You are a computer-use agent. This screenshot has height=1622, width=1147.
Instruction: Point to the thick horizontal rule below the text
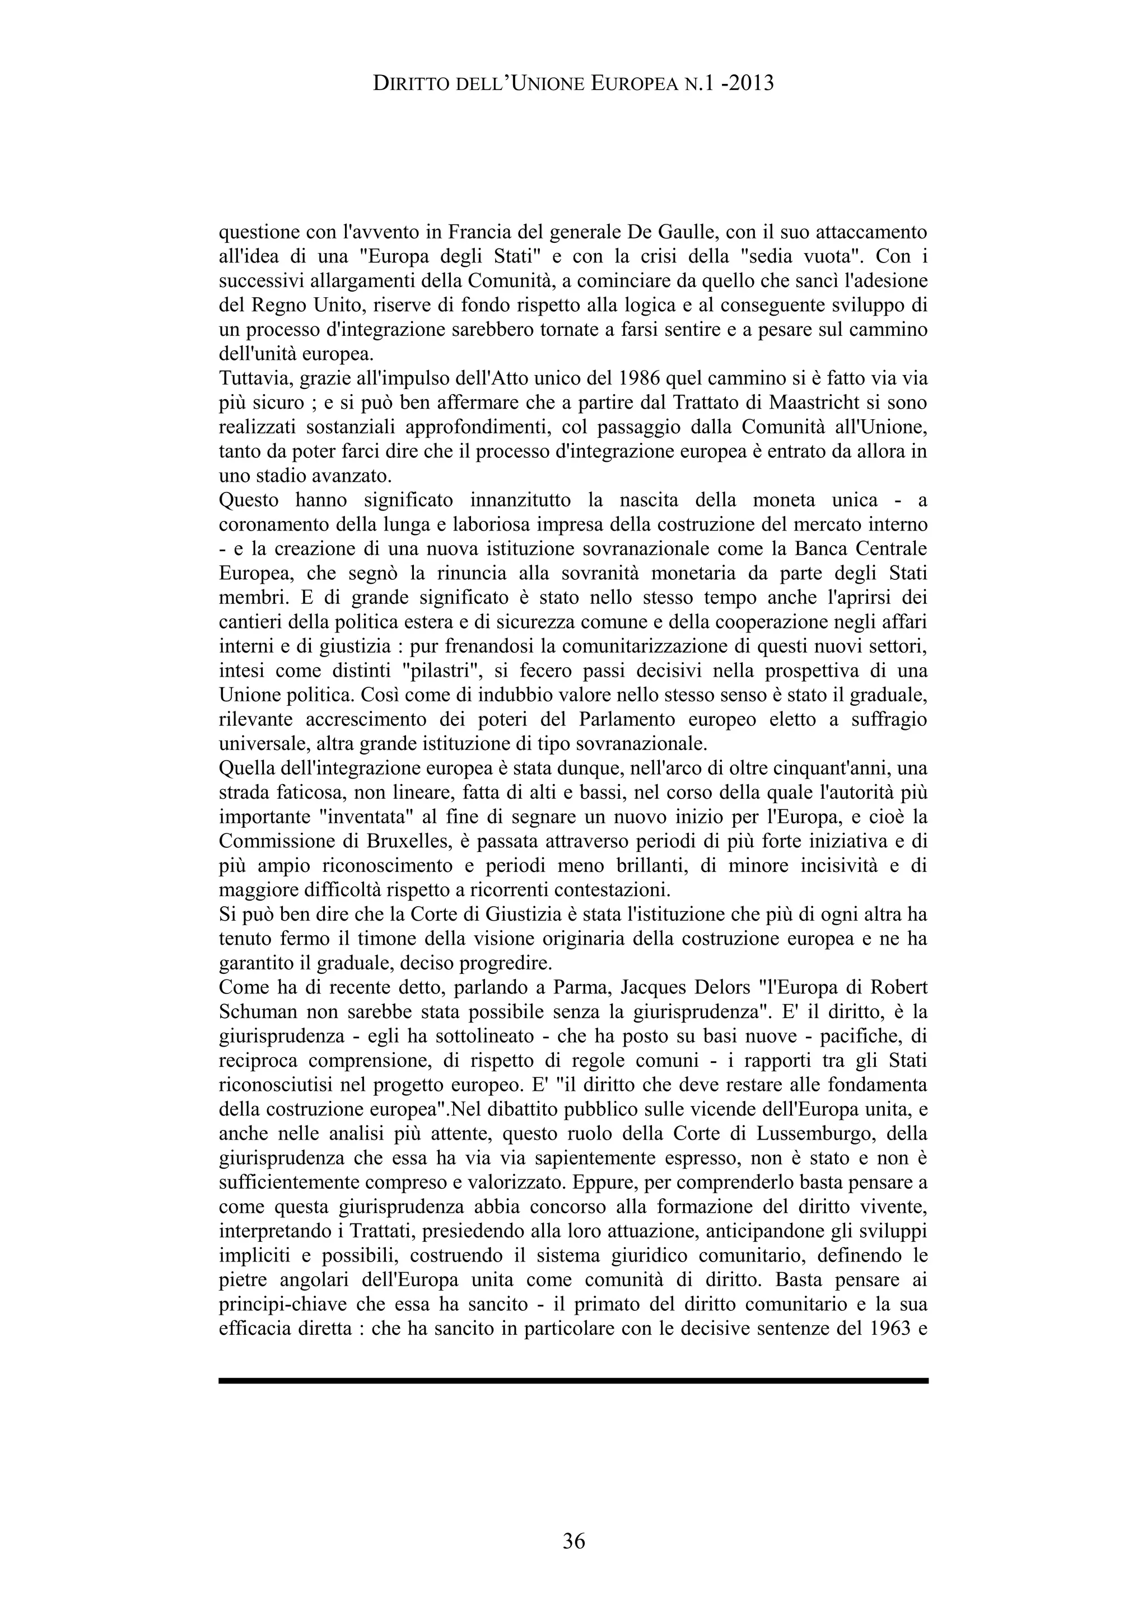[573, 1380]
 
